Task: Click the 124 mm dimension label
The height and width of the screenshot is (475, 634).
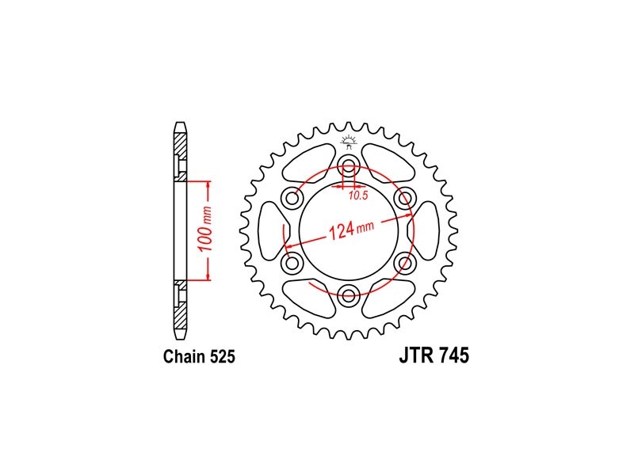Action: (x=351, y=230)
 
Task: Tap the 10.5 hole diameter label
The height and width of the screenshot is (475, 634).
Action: (x=358, y=196)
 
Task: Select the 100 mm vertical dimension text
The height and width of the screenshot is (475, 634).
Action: (x=206, y=229)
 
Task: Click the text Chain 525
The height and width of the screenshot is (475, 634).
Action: (x=199, y=357)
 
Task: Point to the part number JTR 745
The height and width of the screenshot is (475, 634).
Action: (x=434, y=355)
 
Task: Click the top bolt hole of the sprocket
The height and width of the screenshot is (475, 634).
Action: (x=349, y=164)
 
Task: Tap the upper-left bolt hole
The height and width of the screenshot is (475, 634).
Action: (x=292, y=198)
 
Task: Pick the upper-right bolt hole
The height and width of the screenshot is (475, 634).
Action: (x=405, y=198)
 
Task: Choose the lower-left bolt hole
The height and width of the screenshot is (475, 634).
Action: (x=292, y=264)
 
